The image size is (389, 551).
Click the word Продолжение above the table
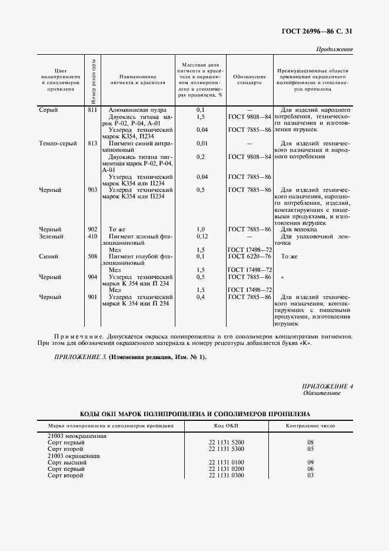(334, 49)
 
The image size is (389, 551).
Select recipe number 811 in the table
(92, 110)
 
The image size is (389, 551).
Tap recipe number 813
(92, 143)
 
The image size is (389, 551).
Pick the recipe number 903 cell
(92, 190)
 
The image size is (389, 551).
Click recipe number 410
(92, 236)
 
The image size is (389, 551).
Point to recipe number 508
(92, 257)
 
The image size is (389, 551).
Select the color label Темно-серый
(58, 143)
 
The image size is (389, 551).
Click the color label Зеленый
(51, 236)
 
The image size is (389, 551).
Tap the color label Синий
(48, 257)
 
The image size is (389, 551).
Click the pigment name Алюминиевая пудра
(138, 110)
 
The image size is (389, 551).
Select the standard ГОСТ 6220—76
(249, 257)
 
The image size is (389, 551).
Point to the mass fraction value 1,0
(200, 230)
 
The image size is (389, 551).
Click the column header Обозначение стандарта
(249, 80)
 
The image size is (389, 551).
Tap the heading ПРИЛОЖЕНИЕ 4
(327, 386)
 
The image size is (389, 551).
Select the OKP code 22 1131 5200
(226, 442)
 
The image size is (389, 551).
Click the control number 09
(310, 463)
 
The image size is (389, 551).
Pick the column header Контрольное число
(310, 425)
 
